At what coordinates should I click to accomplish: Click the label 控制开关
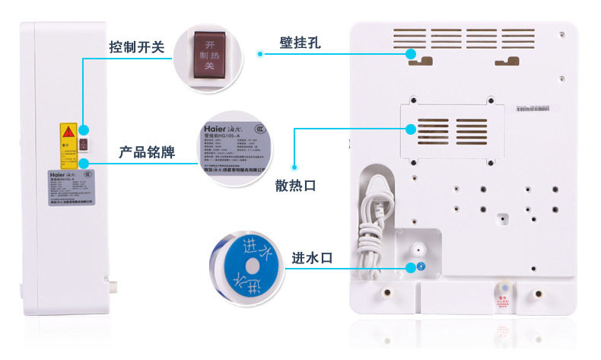[x=136, y=47]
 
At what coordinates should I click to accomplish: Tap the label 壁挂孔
[x=299, y=43]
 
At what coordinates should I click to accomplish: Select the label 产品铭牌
[x=147, y=152]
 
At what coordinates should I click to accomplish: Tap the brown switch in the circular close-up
[x=205, y=52]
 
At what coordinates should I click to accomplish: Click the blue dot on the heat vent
[x=411, y=129]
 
